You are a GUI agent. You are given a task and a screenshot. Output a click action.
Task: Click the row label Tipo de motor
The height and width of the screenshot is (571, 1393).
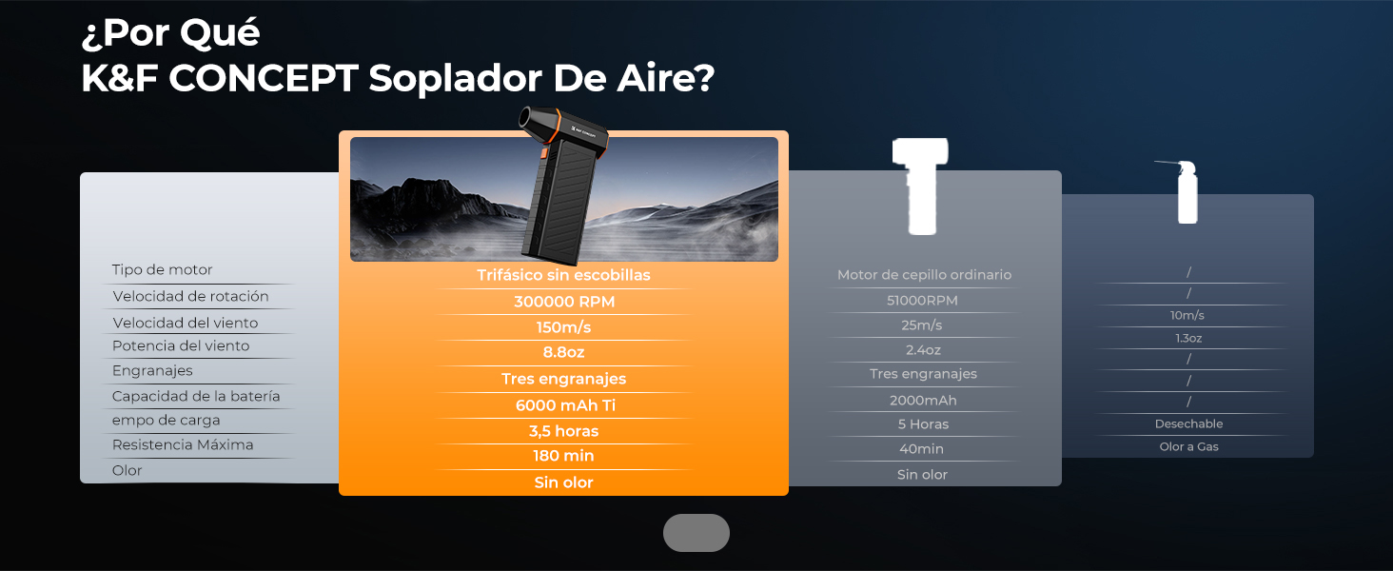tap(163, 269)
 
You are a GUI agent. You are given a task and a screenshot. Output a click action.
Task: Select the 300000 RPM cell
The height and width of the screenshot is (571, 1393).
tap(564, 302)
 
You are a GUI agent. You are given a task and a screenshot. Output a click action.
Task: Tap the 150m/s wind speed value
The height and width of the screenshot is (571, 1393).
tap(563, 327)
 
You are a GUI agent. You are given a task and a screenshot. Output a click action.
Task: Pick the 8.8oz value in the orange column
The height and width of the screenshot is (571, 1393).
tap(563, 352)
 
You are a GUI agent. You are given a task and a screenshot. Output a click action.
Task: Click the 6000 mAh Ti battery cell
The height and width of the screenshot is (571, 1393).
tap(565, 405)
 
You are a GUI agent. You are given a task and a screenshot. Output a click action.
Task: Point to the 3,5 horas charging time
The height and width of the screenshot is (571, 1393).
tap(563, 431)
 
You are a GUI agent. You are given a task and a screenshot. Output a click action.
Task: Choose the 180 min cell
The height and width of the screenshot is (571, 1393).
tap(563, 456)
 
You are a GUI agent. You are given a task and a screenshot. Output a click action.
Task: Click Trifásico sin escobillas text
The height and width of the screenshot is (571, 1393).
tap(563, 275)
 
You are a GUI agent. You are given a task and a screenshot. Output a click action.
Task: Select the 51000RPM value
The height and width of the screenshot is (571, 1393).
tap(922, 301)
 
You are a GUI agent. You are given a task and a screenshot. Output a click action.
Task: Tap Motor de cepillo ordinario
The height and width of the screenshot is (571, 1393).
tap(924, 275)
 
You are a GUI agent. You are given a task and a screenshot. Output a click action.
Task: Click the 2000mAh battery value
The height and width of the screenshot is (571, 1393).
tap(923, 401)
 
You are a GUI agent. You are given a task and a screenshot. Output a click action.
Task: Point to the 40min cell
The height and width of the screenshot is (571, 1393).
tap(922, 449)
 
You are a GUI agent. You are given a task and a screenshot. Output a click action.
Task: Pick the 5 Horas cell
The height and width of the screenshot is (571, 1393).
tap(923, 424)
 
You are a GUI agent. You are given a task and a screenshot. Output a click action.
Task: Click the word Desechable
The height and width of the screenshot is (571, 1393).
tap(1188, 423)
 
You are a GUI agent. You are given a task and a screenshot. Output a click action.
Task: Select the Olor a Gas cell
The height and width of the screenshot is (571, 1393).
tap(1188, 446)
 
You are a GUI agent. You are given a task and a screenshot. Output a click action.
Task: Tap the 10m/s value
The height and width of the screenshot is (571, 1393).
tap(1187, 315)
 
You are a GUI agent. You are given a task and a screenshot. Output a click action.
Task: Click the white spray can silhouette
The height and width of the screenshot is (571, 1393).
tap(1187, 194)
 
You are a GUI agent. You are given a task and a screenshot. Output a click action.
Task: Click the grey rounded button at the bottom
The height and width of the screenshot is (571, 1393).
tap(696, 533)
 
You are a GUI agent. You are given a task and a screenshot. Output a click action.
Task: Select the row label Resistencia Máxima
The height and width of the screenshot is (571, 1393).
tap(183, 444)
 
